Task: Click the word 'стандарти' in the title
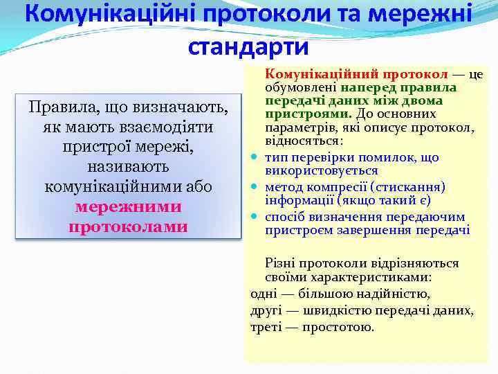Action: pyautogui.click(x=248, y=46)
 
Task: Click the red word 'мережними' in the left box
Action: pyautogui.click(x=128, y=207)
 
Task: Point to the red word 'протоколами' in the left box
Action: pyautogui.click(x=128, y=226)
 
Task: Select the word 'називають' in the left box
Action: pyautogui.click(x=128, y=168)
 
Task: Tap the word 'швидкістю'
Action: pyautogui.click(x=328, y=310)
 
